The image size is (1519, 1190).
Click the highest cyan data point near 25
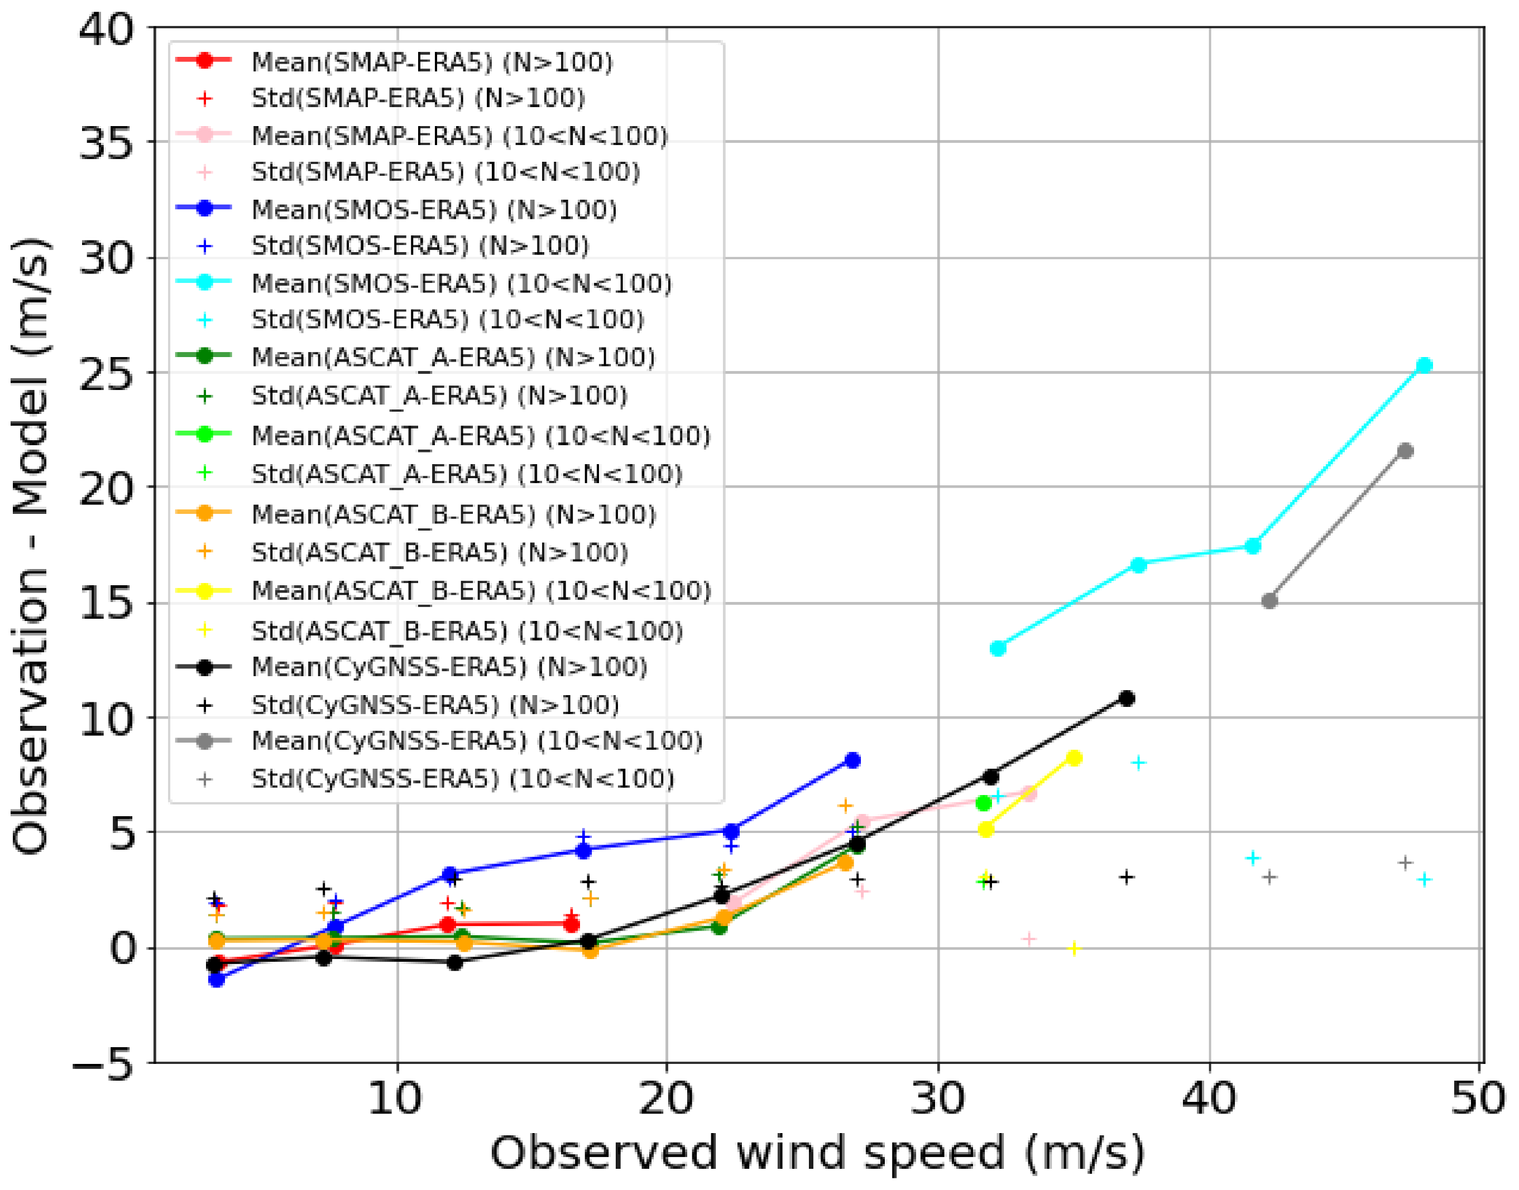tap(1424, 365)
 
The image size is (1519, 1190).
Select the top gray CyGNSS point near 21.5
tap(1405, 451)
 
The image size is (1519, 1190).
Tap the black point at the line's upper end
tap(1127, 698)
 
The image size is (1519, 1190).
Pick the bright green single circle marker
tap(984, 803)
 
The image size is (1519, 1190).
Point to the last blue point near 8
tap(852, 760)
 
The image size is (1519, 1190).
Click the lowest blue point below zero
tap(217, 980)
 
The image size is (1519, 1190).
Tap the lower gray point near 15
tap(1269, 600)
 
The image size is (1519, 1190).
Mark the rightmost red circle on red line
tap(572, 925)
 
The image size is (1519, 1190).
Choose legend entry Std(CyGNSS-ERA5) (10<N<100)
tap(462, 778)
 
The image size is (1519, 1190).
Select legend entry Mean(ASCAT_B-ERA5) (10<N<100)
tap(480, 591)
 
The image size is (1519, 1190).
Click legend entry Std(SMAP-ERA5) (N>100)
tap(418, 98)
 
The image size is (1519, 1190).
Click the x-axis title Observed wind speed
tap(817, 1153)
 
